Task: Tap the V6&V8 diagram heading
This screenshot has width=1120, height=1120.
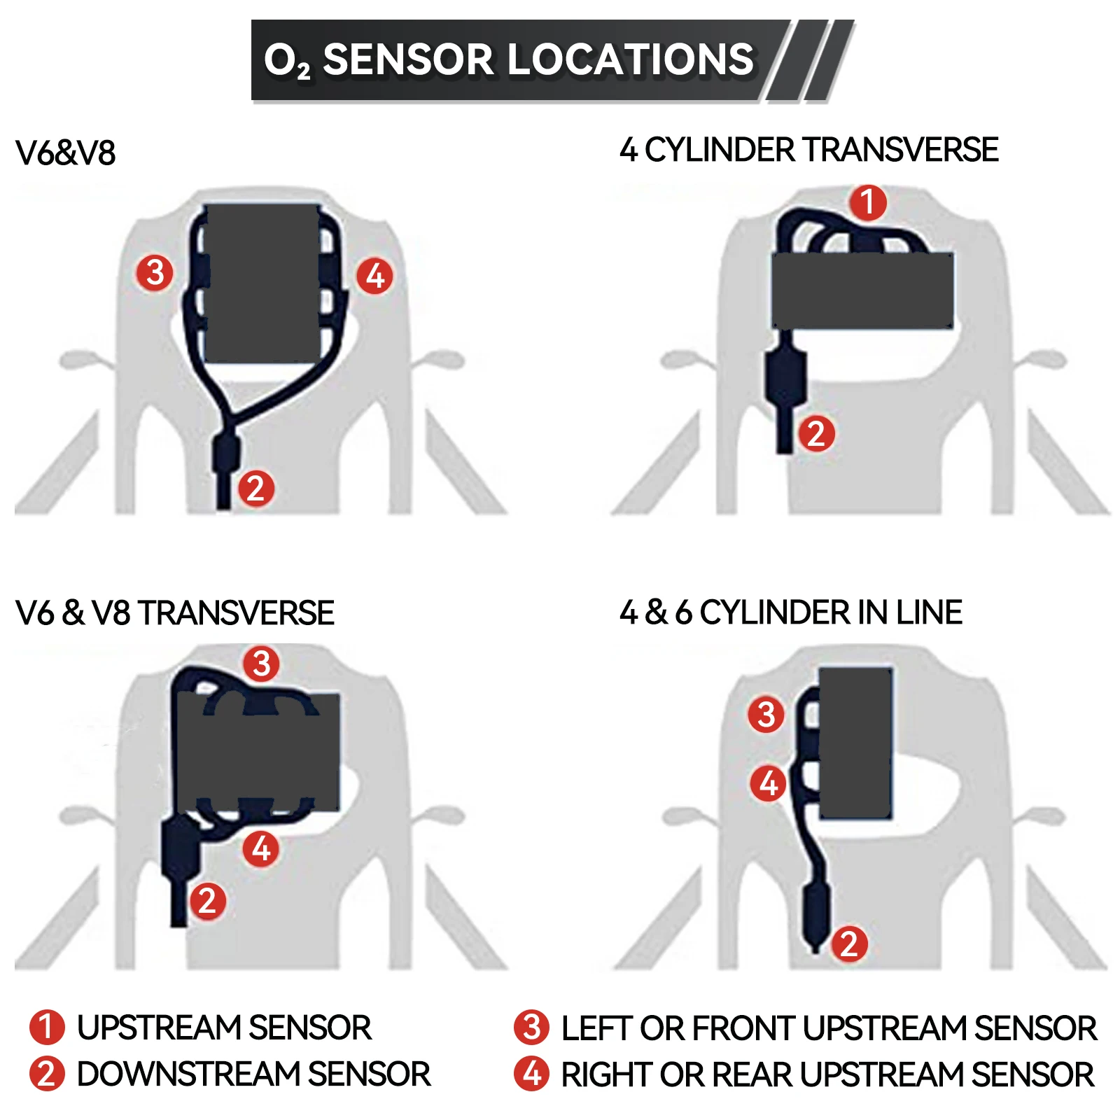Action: click(x=65, y=153)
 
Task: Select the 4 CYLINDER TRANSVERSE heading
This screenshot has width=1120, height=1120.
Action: click(x=808, y=150)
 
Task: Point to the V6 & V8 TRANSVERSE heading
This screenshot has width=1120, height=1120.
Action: click(x=174, y=612)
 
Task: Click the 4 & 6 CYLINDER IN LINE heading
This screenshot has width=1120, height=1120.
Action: click(x=790, y=612)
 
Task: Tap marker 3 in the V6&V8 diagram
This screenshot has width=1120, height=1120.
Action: click(x=155, y=272)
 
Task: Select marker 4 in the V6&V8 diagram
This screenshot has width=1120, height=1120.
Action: click(x=375, y=276)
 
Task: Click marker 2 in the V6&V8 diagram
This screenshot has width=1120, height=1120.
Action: click(x=255, y=488)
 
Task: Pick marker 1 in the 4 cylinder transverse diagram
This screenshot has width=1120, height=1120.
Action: click(x=868, y=202)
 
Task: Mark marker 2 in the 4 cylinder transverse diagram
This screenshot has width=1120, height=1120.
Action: click(x=816, y=433)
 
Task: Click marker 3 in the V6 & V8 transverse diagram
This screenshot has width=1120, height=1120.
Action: click(x=261, y=663)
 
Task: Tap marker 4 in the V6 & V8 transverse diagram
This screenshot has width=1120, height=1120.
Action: click(x=261, y=848)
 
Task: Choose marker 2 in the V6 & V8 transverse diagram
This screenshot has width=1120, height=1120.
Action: click(x=207, y=901)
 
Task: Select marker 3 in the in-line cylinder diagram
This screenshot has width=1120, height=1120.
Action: click(x=766, y=715)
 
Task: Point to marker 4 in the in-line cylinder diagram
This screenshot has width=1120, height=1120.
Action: click(x=768, y=783)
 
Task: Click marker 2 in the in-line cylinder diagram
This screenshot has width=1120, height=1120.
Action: click(x=849, y=944)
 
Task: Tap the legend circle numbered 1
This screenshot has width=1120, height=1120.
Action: click(x=47, y=1027)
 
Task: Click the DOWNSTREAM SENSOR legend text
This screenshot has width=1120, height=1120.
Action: click(x=253, y=1074)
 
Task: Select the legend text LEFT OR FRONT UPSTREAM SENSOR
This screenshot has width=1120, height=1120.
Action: click(x=829, y=1028)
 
